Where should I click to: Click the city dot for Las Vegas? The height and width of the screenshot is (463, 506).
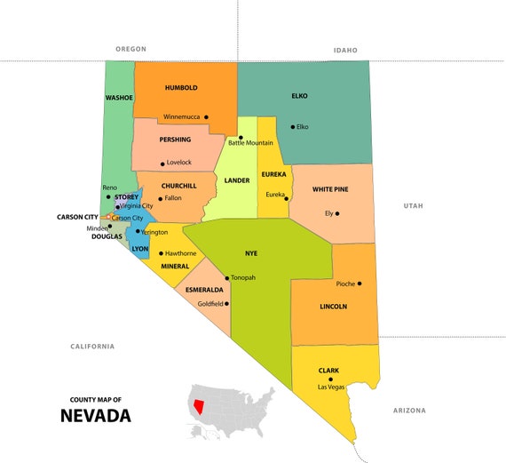click(330, 379)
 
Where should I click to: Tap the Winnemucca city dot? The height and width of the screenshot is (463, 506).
click(206, 116)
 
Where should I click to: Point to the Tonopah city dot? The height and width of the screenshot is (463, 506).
click(226, 278)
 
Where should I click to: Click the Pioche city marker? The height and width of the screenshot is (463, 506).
click(360, 283)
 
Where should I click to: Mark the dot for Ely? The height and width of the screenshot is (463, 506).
click(337, 213)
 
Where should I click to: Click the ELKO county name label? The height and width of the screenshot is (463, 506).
click(299, 95)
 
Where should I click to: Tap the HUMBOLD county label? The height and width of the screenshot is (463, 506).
click(181, 88)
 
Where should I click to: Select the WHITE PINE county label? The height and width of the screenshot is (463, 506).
click(329, 189)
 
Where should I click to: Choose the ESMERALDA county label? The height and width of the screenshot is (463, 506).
click(204, 290)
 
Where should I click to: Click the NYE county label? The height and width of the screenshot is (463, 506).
click(250, 253)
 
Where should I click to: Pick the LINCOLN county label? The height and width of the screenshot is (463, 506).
click(333, 307)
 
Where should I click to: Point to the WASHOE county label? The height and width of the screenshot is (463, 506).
click(118, 97)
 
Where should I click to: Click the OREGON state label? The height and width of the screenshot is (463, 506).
click(130, 49)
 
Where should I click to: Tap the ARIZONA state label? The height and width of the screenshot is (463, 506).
click(409, 411)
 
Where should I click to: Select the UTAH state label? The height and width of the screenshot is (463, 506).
click(413, 205)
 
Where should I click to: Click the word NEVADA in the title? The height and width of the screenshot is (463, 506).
click(96, 415)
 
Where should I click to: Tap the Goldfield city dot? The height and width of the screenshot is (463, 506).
click(227, 303)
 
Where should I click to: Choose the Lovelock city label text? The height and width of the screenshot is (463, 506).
click(178, 163)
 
